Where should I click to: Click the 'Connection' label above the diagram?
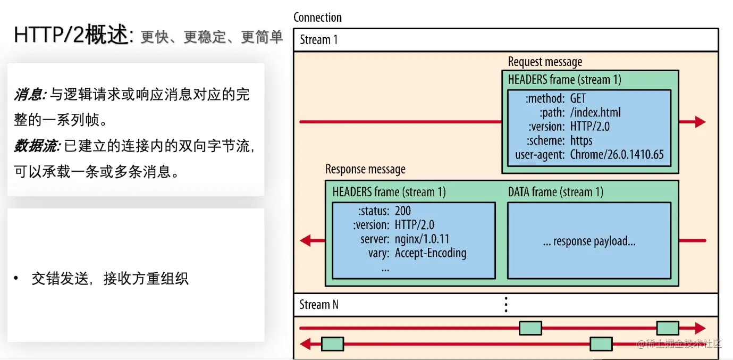pos(317,18)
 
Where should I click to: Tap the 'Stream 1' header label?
pos(318,40)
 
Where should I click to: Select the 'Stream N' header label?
pos(318,305)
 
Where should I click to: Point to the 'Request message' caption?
pos(545,62)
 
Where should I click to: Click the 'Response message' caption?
pos(365,169)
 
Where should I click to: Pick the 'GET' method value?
pos(578,98)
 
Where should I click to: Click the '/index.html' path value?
pos(595,112)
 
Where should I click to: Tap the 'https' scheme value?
pos(581,141)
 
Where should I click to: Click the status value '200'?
pos(403,211)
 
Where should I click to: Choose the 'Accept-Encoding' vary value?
pos(431,253)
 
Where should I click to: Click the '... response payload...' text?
pos(589,241)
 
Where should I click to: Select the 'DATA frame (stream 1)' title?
pos(555,191)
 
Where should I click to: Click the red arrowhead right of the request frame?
pos(700,122)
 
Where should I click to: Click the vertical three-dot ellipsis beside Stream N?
pos(506,305)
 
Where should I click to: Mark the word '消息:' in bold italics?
pos(30,95)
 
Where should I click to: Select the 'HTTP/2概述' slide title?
pos(72,35)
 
